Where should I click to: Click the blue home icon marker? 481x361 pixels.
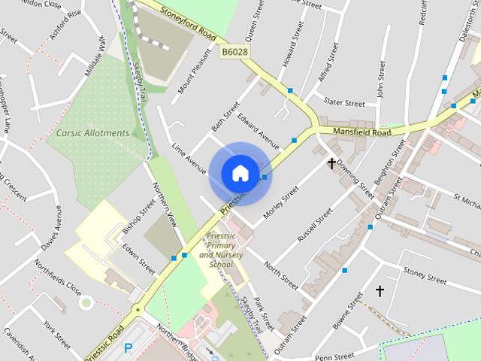(240, 173)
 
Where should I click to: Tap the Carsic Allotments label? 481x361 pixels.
(92, 133)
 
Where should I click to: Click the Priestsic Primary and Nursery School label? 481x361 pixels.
(216, 250)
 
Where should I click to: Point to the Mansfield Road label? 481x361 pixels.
(362, 132)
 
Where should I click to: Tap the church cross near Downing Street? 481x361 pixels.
(331, 162)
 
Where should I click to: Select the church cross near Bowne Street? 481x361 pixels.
(380, 290)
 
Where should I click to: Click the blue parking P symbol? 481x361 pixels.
(128, 347)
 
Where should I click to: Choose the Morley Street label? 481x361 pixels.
(281, 202)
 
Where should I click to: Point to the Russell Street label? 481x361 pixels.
(314, 225)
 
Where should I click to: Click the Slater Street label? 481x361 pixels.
(343, 102)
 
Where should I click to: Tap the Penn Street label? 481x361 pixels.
(334, 356)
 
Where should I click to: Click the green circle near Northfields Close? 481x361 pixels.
(86, 303)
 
